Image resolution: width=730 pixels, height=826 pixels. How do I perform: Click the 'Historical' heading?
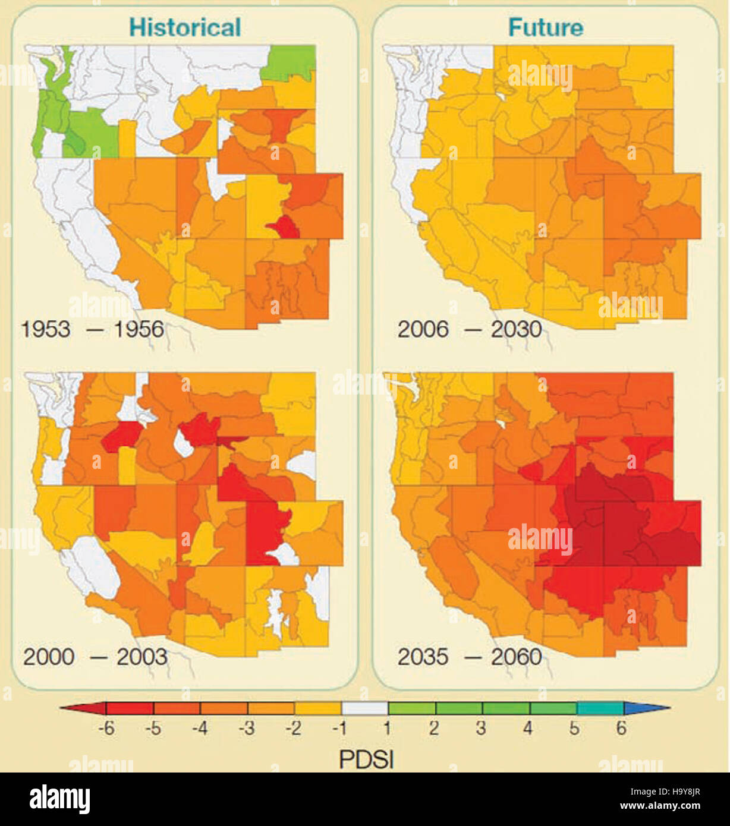pyautogui.click(x=185, y=27)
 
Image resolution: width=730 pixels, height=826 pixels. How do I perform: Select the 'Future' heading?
pyautogui.click(x=545, y=27)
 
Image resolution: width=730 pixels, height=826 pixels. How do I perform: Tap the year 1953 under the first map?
pyautogui.click(x=46, y=329)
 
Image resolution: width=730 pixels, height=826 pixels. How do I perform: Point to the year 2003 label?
pyautogui.click(x=141, y=657)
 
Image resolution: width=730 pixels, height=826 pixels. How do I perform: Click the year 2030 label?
pyautogui.click(x=516, y=329)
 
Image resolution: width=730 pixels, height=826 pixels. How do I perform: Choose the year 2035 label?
pyautogui.click(x=423, y=657)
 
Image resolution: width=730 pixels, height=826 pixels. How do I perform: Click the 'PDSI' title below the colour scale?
pyautogui.click(x=366, y=759)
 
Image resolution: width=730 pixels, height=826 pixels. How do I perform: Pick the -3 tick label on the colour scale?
pyautogui.click(x=247, y=729)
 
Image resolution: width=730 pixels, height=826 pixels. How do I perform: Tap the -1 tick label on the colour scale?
pyautogui.click(x=340, y=729)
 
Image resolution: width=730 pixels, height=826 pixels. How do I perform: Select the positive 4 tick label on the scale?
pyautogui.click(x=528, y=729)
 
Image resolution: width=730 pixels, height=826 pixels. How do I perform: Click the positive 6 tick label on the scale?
pyautogui.click(x=621, y=729)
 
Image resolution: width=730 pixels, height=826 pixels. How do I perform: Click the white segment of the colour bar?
pyautogui.click(x=364, y=708)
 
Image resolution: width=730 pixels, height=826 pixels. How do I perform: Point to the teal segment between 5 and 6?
pyautogui.click(x=600, y=708)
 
